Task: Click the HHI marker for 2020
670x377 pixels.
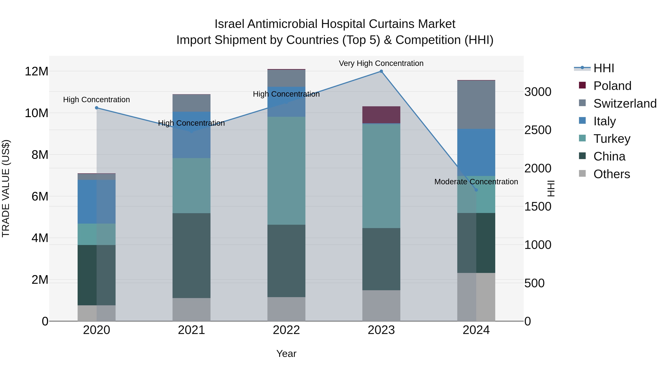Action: pos(96,108)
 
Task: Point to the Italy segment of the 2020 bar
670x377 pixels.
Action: pos(96,202)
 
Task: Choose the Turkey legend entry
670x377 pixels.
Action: pos(612,139)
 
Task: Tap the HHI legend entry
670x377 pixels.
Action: pos(603,68)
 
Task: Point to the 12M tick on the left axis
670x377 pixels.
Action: pos(36,71)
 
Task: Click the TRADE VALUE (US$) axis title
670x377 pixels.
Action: pos(6,188)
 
